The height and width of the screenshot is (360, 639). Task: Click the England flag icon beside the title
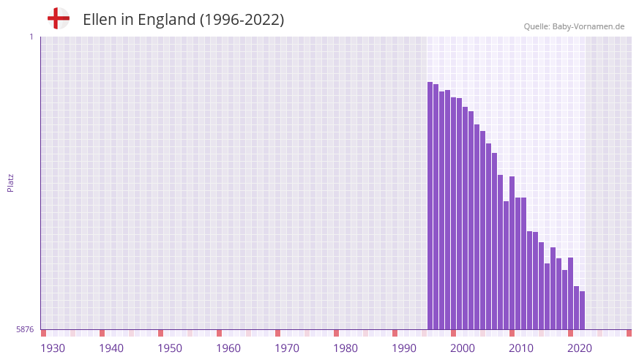click(58, 18)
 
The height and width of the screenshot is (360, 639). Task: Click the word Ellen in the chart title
click(100, 20)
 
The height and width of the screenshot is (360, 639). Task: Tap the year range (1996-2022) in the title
click(242, 20)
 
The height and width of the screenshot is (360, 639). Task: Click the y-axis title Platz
click(10, 182)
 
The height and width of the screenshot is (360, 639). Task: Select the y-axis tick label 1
click(31, 37)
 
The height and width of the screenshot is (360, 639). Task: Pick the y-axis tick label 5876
click(25, 329)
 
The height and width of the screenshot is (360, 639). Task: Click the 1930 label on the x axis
click(53, 348)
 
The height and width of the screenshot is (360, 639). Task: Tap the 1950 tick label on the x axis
click(170, 348)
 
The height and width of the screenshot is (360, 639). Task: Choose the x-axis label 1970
click(287, 348)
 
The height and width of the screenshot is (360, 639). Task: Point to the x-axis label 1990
click(404, 348)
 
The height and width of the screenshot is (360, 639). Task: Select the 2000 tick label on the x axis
click(463, 348)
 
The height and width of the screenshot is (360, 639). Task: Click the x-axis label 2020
click(580, 348)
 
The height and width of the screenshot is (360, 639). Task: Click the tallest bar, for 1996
click(430, 205)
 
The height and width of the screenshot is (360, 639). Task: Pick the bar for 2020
click(570, 293)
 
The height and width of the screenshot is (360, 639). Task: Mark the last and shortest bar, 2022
click(582, 310)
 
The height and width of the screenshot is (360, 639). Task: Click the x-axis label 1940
click(111, 348)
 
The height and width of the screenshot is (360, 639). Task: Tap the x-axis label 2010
click(521, 348)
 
